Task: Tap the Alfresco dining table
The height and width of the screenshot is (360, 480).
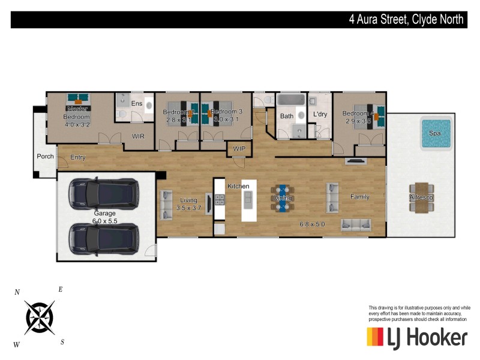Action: pos(422,197)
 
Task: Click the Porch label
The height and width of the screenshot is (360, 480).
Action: pos(45,157)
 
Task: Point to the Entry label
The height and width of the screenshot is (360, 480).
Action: pos(78,158)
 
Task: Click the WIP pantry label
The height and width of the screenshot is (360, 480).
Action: pos(239,148)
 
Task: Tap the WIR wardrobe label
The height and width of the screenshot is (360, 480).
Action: pos(139,136)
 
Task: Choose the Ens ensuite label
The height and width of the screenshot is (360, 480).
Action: pos(137,104)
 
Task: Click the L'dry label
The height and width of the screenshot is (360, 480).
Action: pos(319,115)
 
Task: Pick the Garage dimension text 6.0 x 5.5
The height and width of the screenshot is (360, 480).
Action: pos(104,221)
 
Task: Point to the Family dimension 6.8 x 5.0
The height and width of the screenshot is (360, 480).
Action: pos(312,224)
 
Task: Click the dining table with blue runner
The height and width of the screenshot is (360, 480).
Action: pos(282,198)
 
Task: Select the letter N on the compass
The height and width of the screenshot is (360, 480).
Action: pos(17,293)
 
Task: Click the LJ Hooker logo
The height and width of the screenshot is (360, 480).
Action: pos(416,337)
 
